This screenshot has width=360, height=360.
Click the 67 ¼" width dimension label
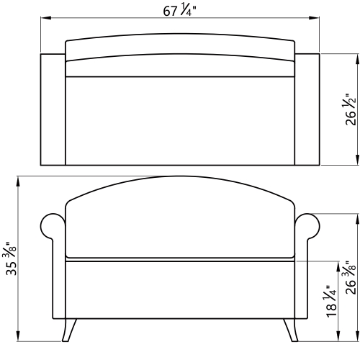point(179,11)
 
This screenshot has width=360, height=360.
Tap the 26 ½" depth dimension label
point(350,109)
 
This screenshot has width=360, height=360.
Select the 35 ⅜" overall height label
point(11,258)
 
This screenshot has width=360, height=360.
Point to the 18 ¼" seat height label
point(331,302)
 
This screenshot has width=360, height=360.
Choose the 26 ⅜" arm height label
point(350,278)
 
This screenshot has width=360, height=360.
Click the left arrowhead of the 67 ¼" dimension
point(45,18)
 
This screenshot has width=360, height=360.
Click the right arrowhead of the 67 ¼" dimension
point(314,18)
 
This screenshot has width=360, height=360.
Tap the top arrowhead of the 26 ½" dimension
point(358,59)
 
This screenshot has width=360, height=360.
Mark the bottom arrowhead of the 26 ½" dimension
point(358,160)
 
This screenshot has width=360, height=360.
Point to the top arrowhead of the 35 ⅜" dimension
point(18,182)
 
